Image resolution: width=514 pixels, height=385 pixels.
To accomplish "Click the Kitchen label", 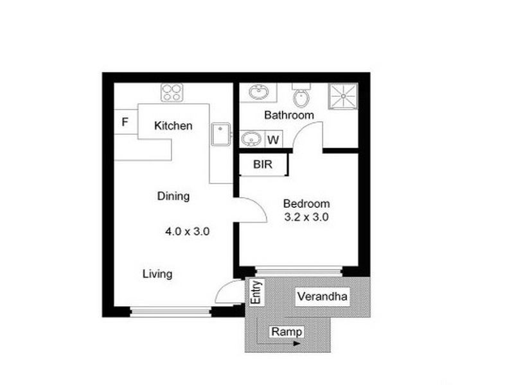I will (173, 126).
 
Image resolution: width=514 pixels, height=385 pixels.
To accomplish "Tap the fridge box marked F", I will (125, 122).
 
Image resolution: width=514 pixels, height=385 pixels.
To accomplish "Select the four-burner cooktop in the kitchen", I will (172, 93).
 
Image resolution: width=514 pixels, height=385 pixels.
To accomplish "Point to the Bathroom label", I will (289, 116).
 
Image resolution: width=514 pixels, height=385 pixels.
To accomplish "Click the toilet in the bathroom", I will (300, 97).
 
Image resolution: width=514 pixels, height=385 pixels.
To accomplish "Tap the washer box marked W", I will (273, 139).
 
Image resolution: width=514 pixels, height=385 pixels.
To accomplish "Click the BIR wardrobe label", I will (262, 165).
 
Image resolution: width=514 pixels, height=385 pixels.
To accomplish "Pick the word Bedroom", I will (306, 203).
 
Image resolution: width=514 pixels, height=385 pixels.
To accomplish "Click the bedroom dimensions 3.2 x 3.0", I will (306, 217).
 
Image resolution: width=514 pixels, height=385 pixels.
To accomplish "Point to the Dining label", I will (173, 196).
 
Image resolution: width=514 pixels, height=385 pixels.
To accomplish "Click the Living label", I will (157, 274).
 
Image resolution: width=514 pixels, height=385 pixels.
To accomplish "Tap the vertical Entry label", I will (256, 293).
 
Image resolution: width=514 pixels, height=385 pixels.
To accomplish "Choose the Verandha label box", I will (322, 297).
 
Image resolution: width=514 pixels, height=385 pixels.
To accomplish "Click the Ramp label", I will (287, 332).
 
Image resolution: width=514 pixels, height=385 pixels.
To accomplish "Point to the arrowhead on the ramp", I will (296, 344).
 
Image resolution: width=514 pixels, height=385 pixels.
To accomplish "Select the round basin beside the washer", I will (251, 139).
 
